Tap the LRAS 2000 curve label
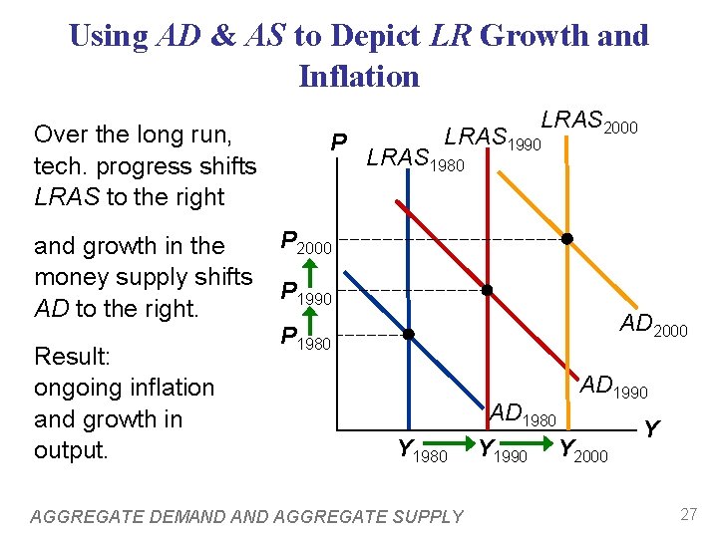coord(588,122)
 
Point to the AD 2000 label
coord(653,325)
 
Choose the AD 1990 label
coord(614,387)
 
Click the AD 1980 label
coord(523,412)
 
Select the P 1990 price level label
coord(305,293)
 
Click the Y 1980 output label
coord(422,451)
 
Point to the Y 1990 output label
coord(503,451)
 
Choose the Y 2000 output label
coord(583,451)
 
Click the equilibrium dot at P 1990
coord(488,290)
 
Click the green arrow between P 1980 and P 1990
coord(309,317)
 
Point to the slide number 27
coord(687,514)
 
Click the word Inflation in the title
coord(359,76)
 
